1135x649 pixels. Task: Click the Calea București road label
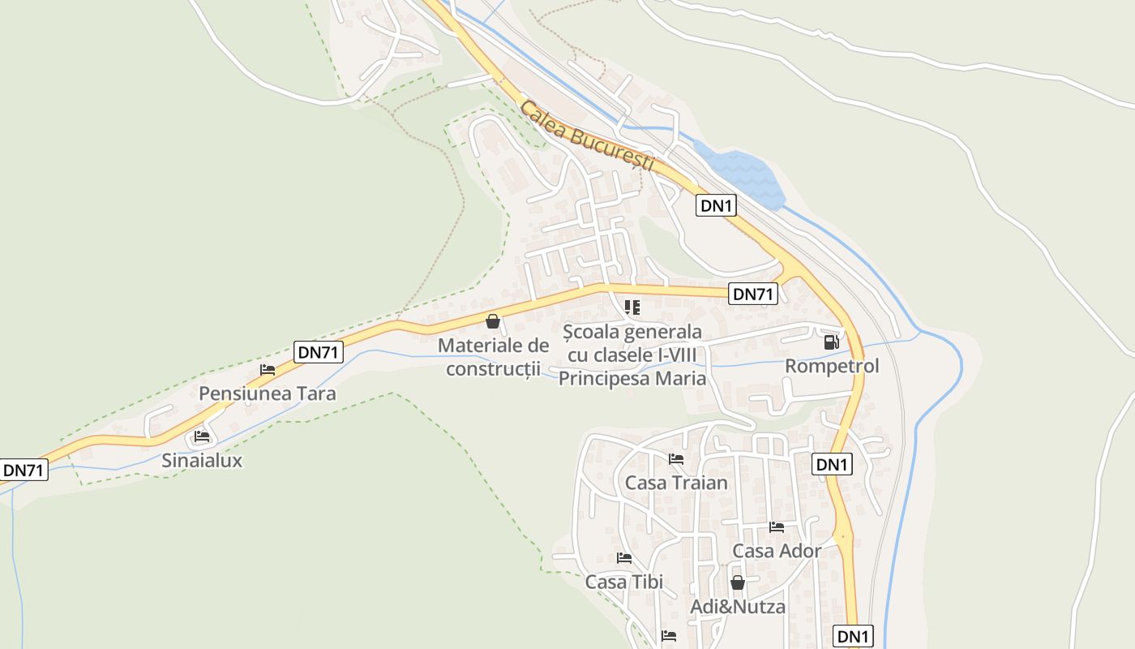[x=587, y=135]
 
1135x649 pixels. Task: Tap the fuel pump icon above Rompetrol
[x=831, y=342]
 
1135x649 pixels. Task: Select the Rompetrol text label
[x=832, y=367]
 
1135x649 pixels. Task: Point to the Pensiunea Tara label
[x=268, y=393]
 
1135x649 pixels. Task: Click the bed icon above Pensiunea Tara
[x=268, y=370]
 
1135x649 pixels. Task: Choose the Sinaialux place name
[x=202, y=461]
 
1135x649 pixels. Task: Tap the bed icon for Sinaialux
[x=202, y=437]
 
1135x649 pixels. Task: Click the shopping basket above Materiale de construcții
[x=493, y=321]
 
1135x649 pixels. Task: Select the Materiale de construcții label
[x=493, y=357]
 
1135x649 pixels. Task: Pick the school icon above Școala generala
[x=632, y=307]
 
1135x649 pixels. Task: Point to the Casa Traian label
[x=676, y=484]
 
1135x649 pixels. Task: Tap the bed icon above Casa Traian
[x=676, y=459]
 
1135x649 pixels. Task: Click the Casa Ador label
[x=777, y=551]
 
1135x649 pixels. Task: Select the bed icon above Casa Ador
[x=777, y=527]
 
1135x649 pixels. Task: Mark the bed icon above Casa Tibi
[x=624, y=558]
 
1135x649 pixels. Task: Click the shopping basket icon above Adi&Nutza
[x=738, y=582]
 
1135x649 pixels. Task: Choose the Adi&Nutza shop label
[x=738, y=607]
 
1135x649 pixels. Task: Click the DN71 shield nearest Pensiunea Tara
[x=319, y=352]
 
